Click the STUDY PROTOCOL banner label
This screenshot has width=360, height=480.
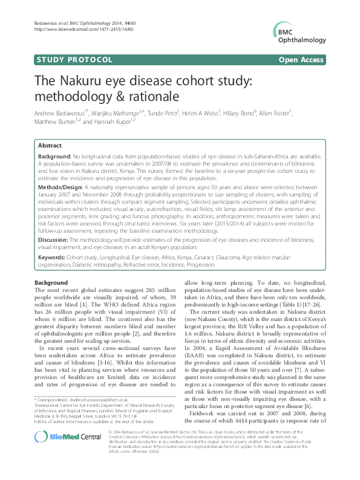[75, 59]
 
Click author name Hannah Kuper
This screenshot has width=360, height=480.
[113, 122]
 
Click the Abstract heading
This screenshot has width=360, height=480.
[49, 146]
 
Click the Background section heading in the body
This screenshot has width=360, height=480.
[51, 283]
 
